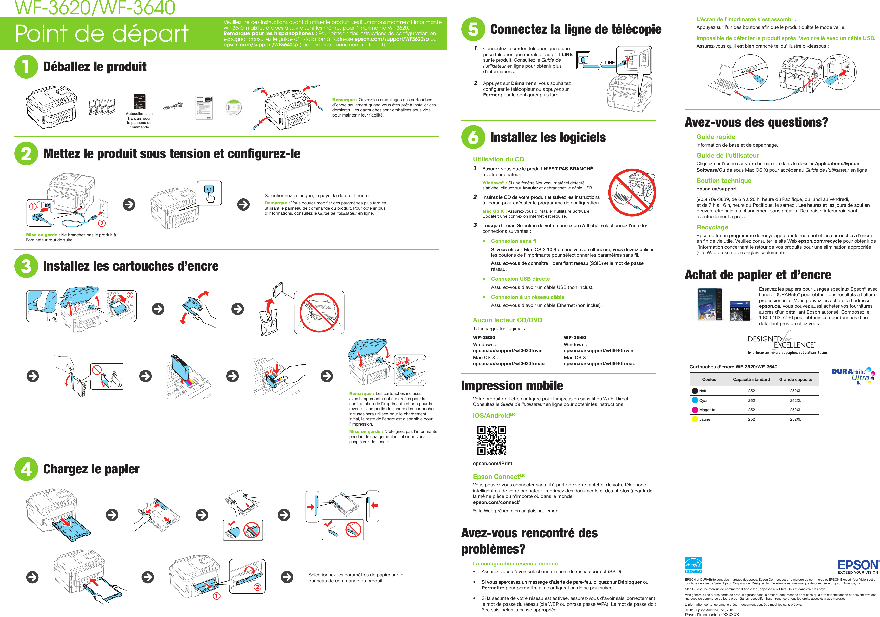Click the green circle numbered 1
pyautogui.click(x=26, y=67)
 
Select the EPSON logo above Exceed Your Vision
pyautogui.click(x=858, y=565)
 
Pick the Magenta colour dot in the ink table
pyautogui.click(x=695, y=410)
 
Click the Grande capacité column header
pyautogui.click(x=795, y=379)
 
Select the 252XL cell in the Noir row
pyautogui.click(x=795, y=391)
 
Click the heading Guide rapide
pyautogui.click(x=716, y=137)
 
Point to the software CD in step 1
pyautogui.click(x=234, y=107)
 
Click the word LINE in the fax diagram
pyautogui.click(x=610, y=63)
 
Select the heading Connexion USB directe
pyautogui.click(x=520, y=279)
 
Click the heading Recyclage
pyautogui.click(x=712, y=227)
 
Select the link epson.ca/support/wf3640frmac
pyautogui.click(x=599, y=363)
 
